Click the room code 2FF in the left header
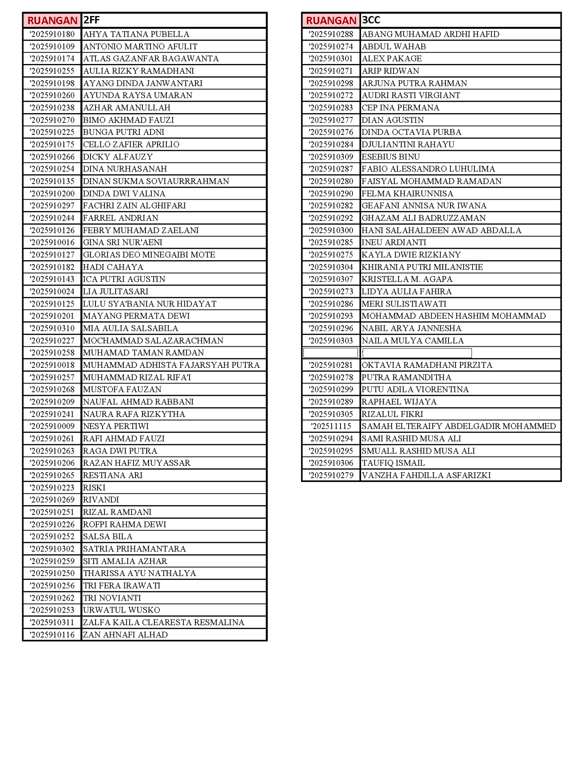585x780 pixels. [x=92, y=20]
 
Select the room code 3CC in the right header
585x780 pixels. [x=371, y=20]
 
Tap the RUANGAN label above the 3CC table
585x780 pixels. [x=331, y=20]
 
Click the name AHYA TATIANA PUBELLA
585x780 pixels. [x=136, y=34]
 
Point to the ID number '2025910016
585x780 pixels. [x=52, y=242]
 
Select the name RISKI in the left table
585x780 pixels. [x=94, y=487]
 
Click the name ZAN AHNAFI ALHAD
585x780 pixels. [x=125, y=635]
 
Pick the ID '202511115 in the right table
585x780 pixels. [x=331, y=426]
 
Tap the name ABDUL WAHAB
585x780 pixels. [x=394, y=46]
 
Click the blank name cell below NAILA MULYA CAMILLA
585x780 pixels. [x=417, y=353]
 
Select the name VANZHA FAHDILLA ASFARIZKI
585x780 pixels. [x=426, y=475]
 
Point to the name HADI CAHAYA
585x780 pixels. [x=113, y=267]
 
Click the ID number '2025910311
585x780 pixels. [x=52, y=622]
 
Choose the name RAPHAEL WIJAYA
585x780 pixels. [x=399, y=402]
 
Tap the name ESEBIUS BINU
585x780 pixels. [x=391, y=156]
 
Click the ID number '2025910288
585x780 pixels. [x=331, y=34]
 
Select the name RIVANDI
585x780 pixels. [x=101, y=500]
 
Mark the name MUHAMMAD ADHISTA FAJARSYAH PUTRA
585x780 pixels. [x=171, y=365]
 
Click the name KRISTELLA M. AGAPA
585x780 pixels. [x=407, y=279]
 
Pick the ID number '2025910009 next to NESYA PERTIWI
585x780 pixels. [x=52, y=426]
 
